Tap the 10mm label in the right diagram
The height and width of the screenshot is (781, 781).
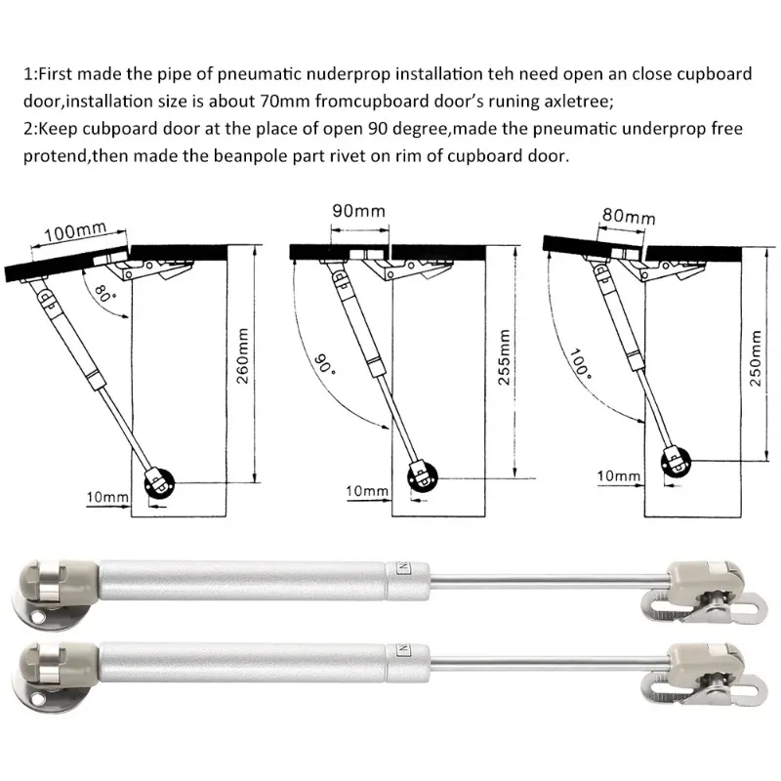[618, 475]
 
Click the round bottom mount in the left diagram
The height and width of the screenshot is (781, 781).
[159, 482]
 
